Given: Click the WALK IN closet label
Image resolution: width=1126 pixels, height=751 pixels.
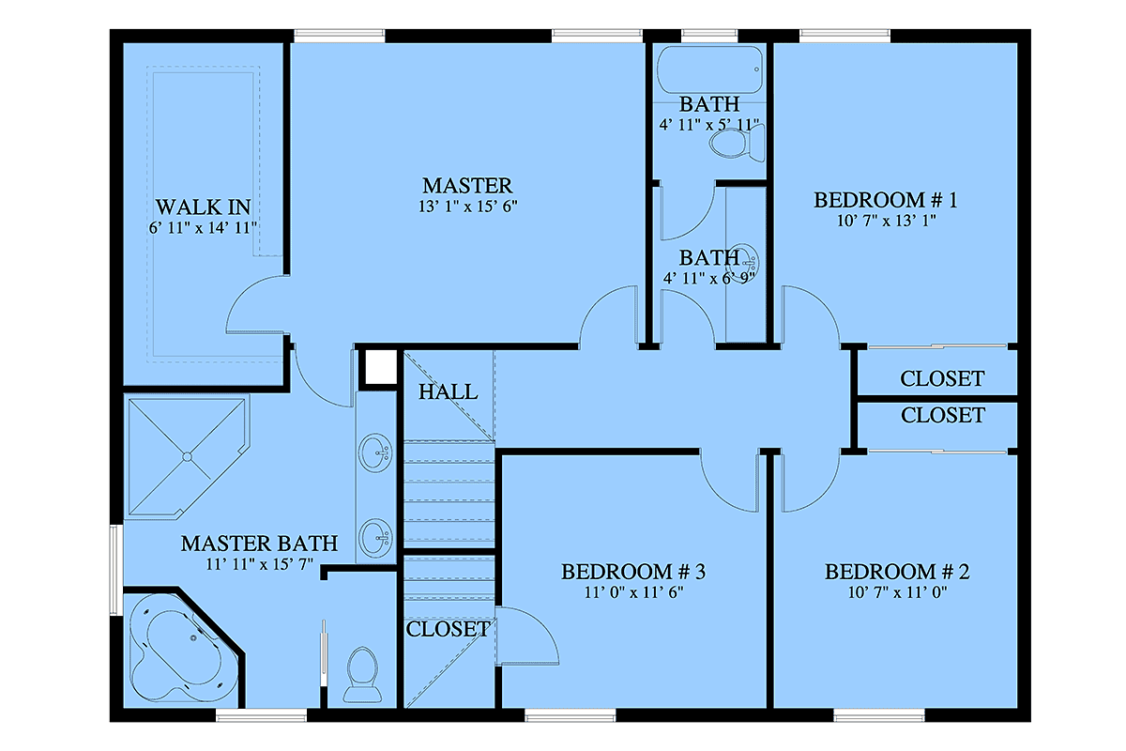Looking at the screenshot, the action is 203,207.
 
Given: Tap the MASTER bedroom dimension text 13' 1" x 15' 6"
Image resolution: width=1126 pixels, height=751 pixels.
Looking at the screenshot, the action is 467,207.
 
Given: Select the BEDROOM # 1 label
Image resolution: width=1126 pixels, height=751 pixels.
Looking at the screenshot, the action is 886,200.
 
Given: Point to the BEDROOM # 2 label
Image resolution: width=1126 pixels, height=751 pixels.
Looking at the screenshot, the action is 897,572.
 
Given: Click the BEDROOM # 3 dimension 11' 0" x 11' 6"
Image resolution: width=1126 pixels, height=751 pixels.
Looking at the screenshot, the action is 633,592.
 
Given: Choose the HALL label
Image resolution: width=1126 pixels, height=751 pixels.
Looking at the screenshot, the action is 448,391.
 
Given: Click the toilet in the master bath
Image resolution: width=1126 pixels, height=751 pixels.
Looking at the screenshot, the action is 362,675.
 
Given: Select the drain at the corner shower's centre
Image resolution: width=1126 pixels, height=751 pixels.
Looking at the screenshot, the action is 187,457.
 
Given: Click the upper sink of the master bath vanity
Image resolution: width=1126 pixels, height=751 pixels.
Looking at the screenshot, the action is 375,452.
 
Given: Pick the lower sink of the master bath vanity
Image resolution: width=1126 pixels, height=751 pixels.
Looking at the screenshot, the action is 375,538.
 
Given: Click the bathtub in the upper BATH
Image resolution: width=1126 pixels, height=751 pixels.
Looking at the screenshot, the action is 709,69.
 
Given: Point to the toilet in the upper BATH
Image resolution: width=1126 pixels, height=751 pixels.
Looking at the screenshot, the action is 737,144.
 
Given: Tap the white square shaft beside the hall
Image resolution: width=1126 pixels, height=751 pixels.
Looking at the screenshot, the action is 381,368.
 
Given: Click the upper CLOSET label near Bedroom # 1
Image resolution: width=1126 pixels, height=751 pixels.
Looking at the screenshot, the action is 942,378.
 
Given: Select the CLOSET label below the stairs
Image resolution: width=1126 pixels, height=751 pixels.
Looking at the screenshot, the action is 448,629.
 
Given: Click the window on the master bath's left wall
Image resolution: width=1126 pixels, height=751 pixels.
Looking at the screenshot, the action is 116,570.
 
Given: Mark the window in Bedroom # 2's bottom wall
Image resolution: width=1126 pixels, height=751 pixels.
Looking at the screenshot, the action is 878,715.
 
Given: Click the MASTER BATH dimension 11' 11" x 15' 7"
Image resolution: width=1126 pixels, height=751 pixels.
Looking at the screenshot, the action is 259,564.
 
